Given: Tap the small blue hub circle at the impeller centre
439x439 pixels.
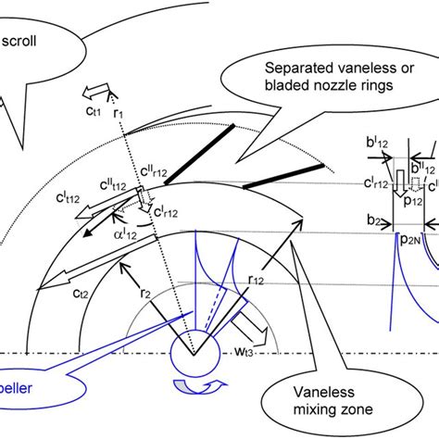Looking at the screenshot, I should [194, 355].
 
